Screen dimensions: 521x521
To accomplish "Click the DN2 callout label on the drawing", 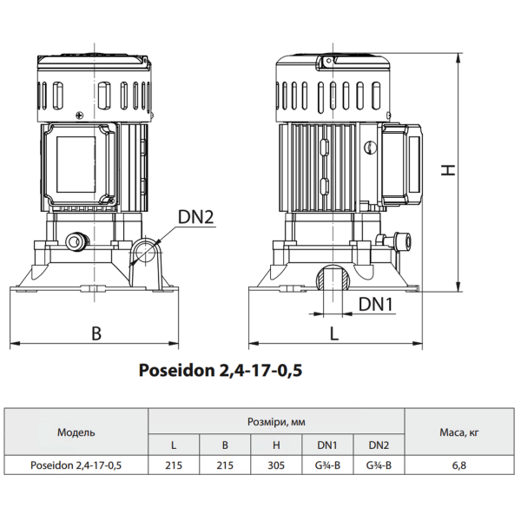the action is (195, 217).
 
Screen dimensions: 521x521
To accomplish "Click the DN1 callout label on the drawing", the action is (376, 304).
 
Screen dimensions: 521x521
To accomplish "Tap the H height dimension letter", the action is (448, 170).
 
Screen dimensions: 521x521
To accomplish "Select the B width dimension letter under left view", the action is (96, 333).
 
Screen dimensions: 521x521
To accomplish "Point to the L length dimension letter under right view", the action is (334, 333).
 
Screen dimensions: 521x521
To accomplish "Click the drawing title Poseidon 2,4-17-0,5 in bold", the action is (221, 371).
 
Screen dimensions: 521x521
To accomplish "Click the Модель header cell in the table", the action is (76, 432).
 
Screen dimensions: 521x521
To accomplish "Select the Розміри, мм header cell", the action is (276, 422).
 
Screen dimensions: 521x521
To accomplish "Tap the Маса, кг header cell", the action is (459, 432).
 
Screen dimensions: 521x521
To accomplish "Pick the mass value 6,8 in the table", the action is (459, 465).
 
